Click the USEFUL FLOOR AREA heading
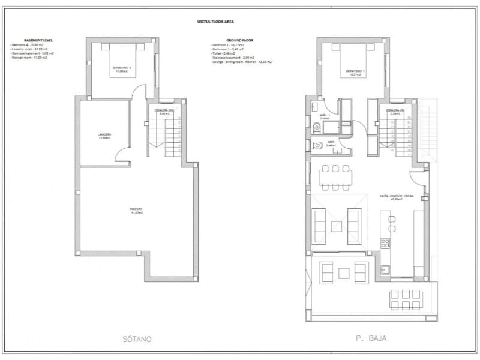215,21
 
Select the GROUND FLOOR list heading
240,41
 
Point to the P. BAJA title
371,339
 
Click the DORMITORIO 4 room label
121,68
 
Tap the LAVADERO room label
105,135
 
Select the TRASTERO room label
136,210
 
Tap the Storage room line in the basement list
29,58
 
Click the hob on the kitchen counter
385,243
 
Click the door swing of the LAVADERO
123,157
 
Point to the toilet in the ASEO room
316,145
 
